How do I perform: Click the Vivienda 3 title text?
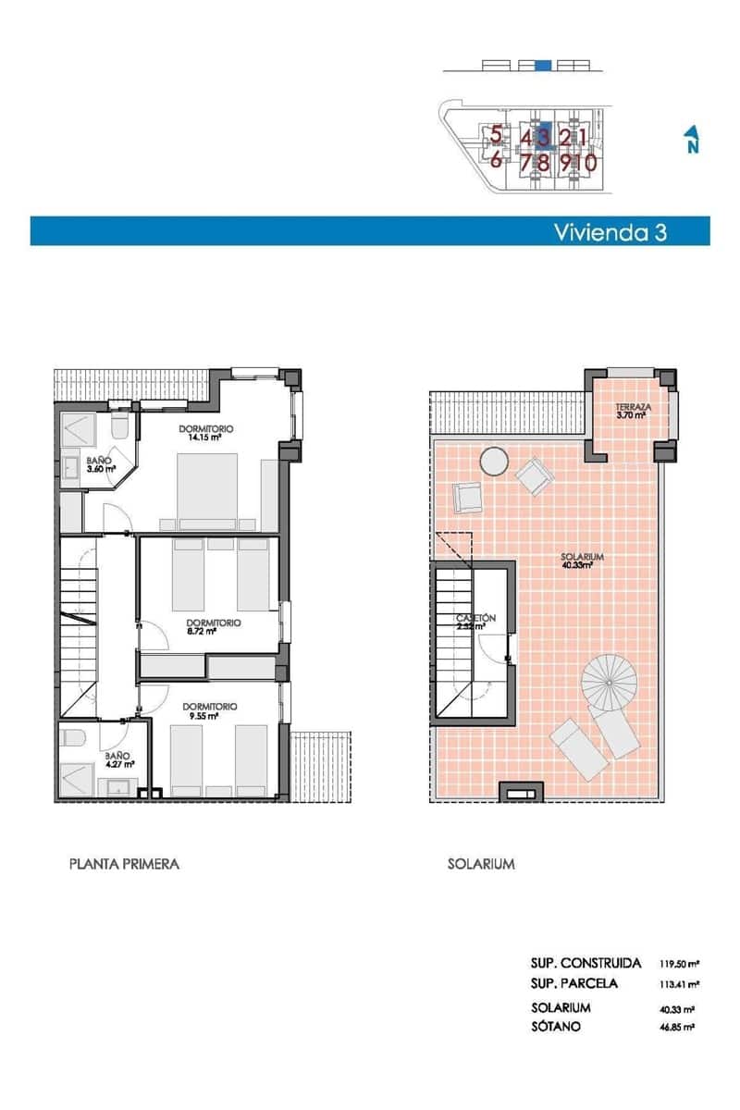(x=610, y=231)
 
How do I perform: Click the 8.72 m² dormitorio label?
(x=213, y=627)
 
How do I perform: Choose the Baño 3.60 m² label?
(x=100, y=464)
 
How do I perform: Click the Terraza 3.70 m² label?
(x=633, y=411)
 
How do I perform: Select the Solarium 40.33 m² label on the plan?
(x=582, y=561)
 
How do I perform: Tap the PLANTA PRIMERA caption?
(x=124, y=864)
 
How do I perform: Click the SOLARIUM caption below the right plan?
(x=481, y=864)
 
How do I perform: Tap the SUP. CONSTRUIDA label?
(x=586, y=964)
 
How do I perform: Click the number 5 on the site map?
(x=497, y=135)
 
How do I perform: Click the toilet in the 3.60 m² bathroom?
(x=118, y=426)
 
